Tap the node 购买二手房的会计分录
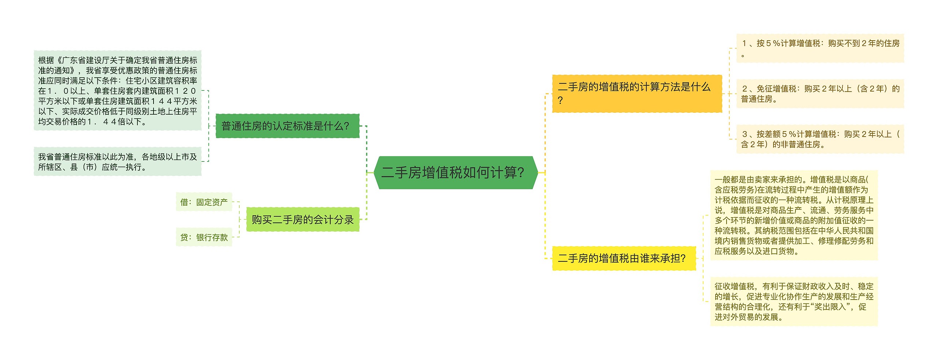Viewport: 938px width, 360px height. click(303, 219)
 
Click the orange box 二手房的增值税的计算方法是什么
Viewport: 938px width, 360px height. click(637, 93)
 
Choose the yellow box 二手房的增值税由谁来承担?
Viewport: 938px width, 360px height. click(624, 259)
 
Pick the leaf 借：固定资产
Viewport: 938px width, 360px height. click(204, 202)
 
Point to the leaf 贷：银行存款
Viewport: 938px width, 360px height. click(204, 237)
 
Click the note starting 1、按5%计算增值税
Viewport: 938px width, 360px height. click(820, 48)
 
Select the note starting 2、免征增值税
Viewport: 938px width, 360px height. click(820, 94)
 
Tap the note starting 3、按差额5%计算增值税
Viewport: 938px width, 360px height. click(820, 139)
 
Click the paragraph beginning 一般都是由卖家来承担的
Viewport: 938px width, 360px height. click(794, 215)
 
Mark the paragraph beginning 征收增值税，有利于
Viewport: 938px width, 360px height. click(794, 301)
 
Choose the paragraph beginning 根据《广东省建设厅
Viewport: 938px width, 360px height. click(118, 90)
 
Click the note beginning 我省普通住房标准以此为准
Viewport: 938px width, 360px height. click(118, 162)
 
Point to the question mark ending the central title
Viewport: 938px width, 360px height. click(521, 172)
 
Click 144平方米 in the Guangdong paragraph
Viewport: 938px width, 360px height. click(174, 101)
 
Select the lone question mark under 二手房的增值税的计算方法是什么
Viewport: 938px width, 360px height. click(560, 100)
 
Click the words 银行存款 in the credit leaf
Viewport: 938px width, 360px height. click(212, 237)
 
